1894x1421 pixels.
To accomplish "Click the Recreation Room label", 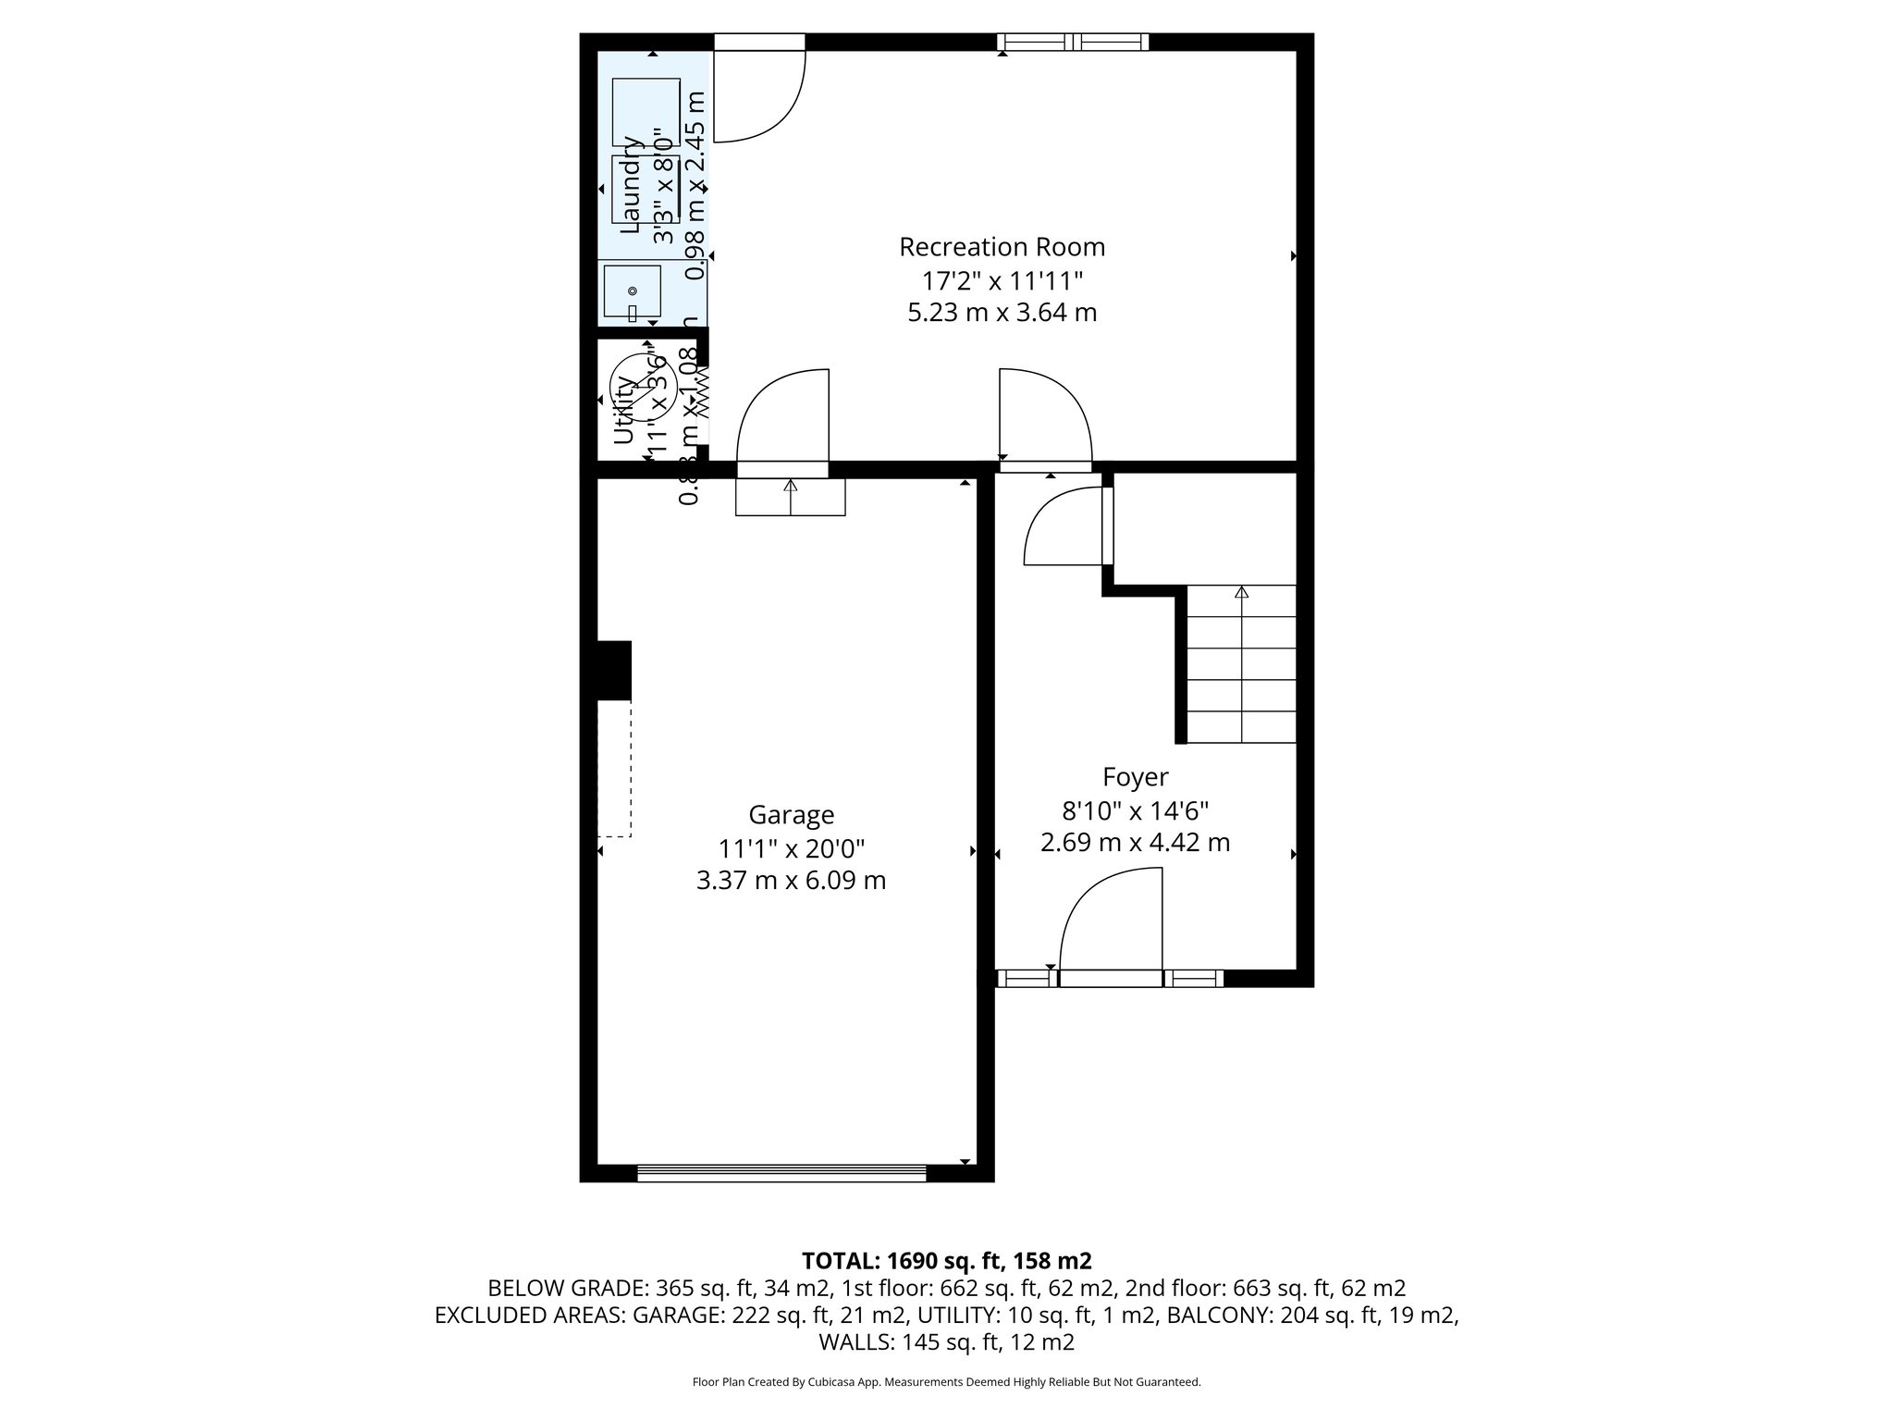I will (x=1002, y=247).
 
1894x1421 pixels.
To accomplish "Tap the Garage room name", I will (x=791, y=815).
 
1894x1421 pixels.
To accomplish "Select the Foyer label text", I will (x=1135, y=777).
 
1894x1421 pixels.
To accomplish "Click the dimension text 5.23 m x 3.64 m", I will (x=1002, y=313).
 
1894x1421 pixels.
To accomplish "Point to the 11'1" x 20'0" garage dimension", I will (x=791, y=847).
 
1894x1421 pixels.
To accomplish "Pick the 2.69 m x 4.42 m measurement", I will (x=1135, y=843).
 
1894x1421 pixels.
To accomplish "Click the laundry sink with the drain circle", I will (x=633, y=291).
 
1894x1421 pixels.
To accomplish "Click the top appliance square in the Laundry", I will (x=646, y=112).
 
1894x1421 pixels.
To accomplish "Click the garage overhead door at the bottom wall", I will (x=781, y=1173).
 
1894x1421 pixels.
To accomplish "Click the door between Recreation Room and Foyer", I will (x=1044, y=416).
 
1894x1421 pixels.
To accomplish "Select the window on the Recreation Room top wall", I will (x=1073, y=42).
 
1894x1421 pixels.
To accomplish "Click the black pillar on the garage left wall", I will (x=613, y=671).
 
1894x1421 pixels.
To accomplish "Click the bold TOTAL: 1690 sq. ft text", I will (x=946, y=1260).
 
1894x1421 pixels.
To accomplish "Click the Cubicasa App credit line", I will (x=946, y=1382).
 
